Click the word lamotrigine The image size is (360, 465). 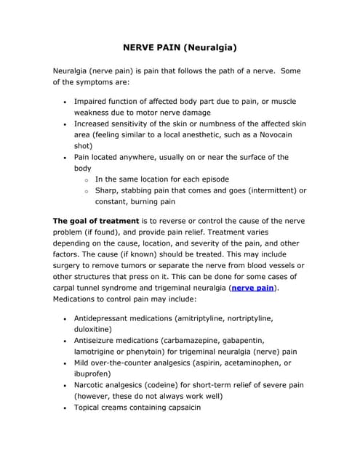[97, 351]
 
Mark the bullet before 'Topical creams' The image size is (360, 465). [65, 408]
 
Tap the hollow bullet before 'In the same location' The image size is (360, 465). [86, 179]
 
